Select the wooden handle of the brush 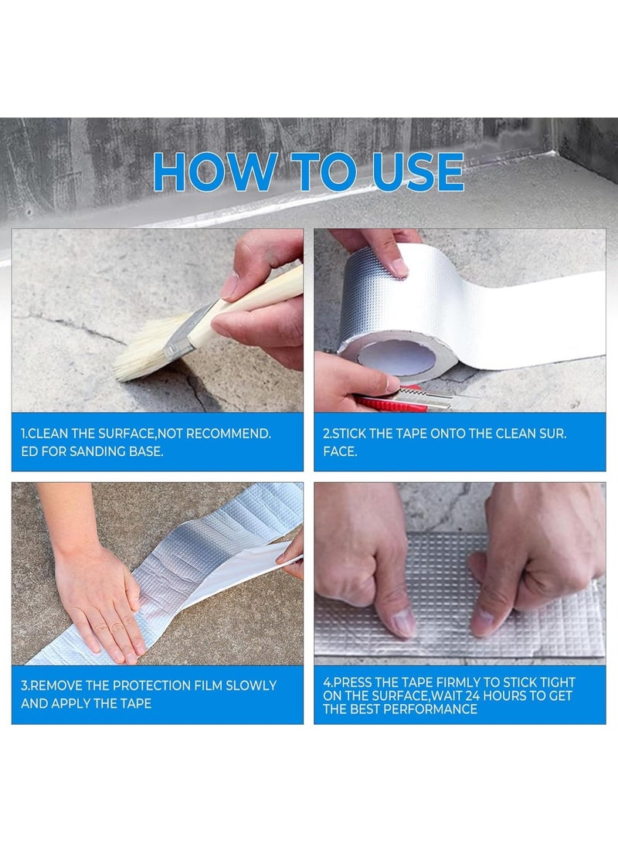(x=253, y=304)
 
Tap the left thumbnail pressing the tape (x=403, y=623)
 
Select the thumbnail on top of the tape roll (x=399, y=267)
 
